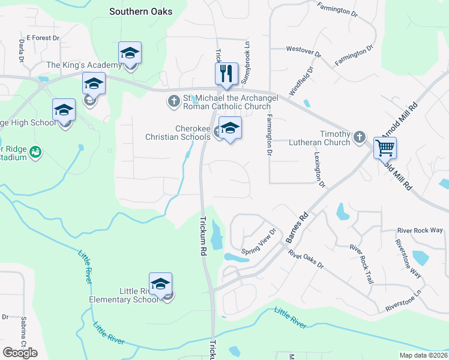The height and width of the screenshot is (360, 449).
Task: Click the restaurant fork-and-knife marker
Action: click(x=226, y=74)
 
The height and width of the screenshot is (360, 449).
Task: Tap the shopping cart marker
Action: click(x=385, y=147)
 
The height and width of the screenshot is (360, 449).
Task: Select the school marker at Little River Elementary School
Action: click(x=160, y=284)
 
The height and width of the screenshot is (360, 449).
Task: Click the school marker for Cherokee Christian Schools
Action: click(x=230, y=128)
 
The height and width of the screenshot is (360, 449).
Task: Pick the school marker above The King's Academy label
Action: click(x=130, y=53)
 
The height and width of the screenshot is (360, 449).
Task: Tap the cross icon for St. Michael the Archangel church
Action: click(x=174, y=100)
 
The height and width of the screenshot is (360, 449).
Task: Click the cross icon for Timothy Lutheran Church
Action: click(x=359, y=137)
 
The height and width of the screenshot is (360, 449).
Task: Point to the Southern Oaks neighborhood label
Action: click(x=140, y=11)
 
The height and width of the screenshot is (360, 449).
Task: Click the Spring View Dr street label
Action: click(x=258, y=241)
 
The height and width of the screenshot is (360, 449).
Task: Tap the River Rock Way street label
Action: click(x=420, y=230)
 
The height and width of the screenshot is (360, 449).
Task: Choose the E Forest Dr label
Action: click(x=43, y=38)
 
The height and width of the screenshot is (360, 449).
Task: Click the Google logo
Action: click(x=20, y=352)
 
